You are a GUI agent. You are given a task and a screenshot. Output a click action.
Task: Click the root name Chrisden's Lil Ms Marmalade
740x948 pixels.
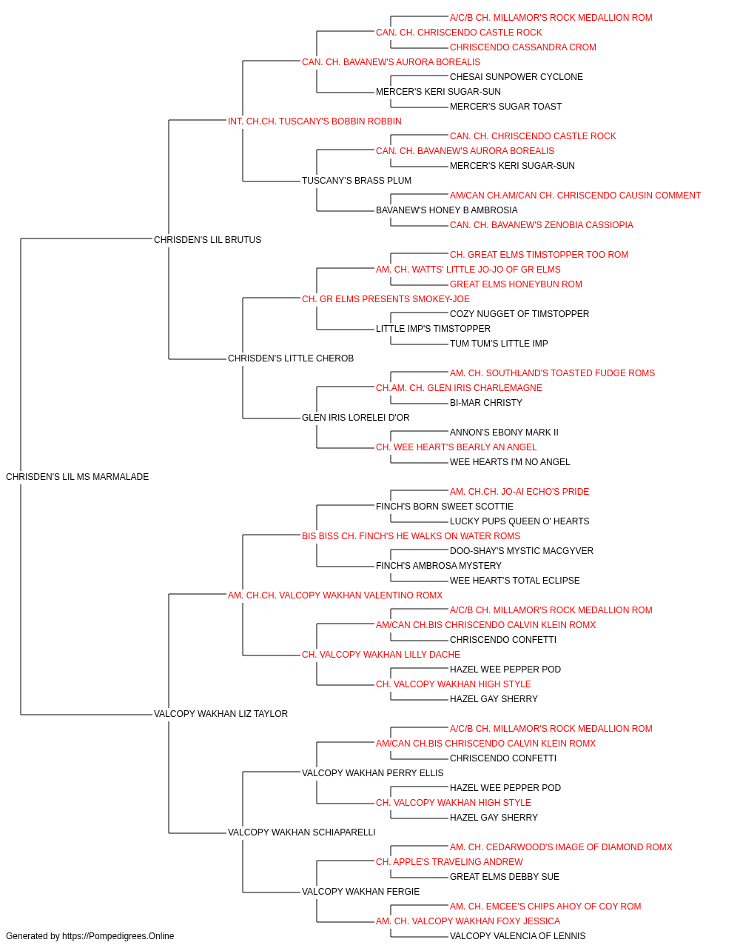(77, 477)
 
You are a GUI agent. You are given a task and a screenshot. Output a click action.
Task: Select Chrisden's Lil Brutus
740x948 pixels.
(207, 240)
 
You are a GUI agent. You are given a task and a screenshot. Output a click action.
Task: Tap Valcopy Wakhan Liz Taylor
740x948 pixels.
(221, 714)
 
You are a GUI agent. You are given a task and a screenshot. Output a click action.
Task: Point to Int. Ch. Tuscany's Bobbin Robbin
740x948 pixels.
(314, 121)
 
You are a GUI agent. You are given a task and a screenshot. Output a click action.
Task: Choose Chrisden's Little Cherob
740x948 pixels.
(291, 358)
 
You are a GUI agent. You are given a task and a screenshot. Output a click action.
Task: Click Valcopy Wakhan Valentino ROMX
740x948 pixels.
(335, 595)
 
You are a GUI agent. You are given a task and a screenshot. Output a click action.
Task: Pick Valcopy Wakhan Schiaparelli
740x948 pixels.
(302, 832)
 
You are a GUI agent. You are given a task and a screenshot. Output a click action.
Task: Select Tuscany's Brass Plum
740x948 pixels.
(357, 181)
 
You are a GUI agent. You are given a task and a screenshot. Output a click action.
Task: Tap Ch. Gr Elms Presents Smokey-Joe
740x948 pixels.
(386, 299)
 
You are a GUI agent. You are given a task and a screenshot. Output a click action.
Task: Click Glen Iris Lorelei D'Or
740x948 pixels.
(356, 418)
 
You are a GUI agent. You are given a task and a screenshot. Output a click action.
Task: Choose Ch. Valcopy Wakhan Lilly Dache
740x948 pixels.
(381, 655)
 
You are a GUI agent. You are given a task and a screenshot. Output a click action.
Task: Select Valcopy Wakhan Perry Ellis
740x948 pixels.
(373, 773)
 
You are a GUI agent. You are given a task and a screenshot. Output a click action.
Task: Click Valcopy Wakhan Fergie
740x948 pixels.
(361, 892)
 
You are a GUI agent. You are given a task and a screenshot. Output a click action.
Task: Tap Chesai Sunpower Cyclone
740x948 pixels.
(517, 77)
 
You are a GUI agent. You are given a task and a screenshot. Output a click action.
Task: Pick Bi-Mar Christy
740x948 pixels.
(486, 403)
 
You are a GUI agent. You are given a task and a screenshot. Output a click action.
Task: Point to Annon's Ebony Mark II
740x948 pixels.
(504, 433)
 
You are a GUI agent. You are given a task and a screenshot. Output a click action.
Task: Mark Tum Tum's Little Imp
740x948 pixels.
(499, 344)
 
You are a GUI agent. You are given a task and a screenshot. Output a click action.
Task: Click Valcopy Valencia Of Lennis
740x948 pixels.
(518, 936)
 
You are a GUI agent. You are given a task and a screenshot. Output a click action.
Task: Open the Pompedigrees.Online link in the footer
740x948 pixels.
(118, 936)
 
